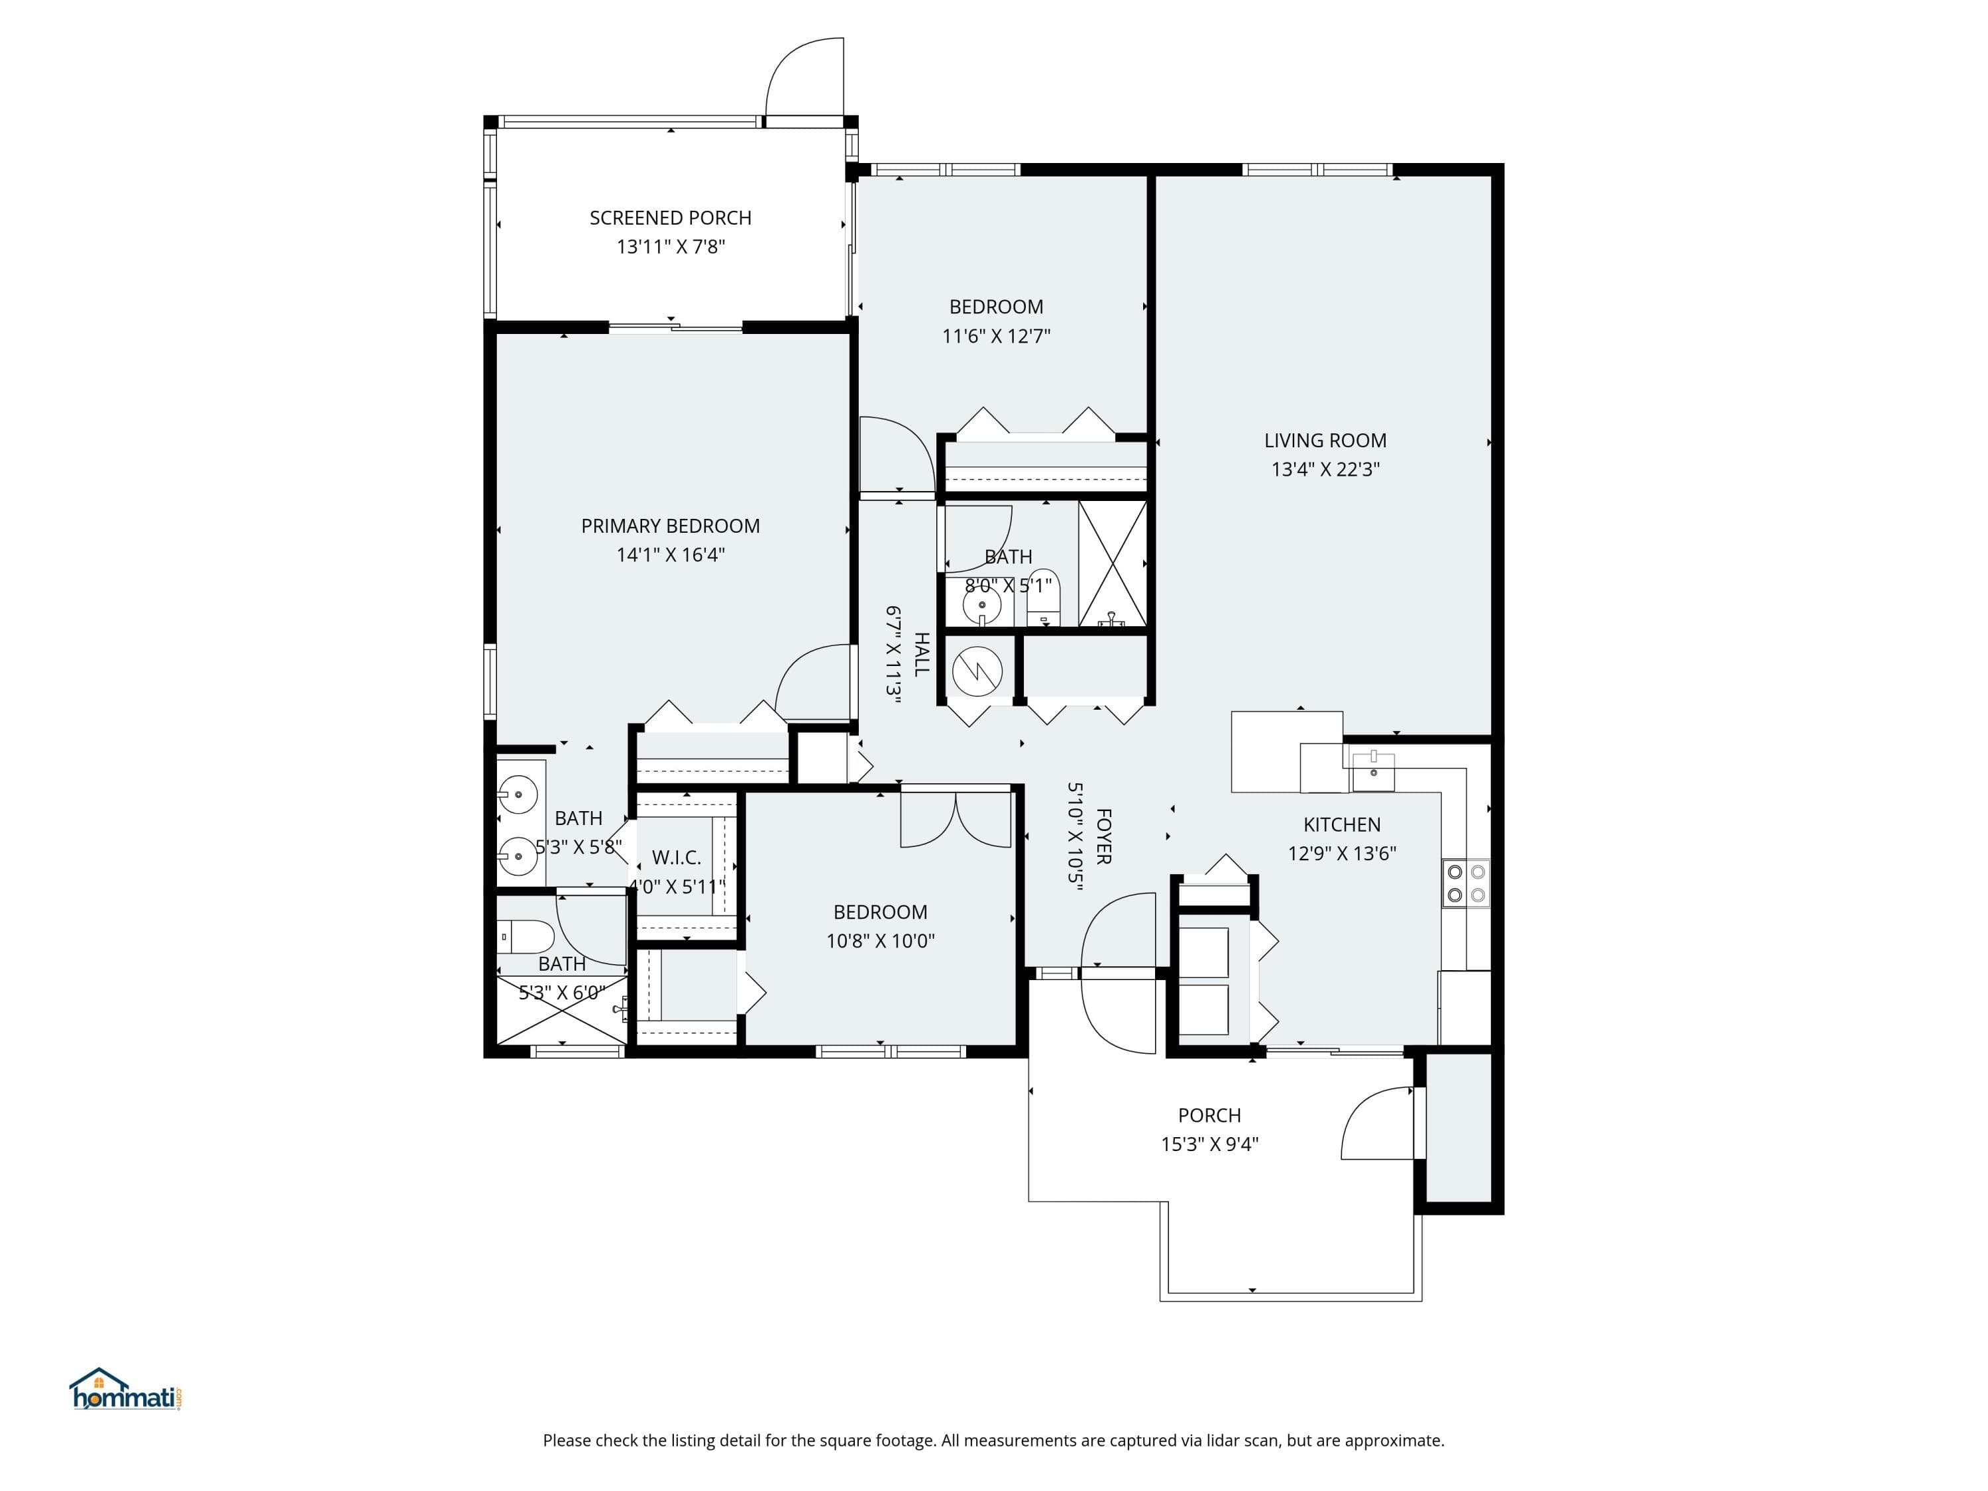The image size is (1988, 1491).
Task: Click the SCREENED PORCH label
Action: click(x=671, y=217)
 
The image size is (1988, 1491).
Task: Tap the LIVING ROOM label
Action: click(x=1325, y=441)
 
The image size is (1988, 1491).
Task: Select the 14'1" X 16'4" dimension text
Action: click(x=671, y=555)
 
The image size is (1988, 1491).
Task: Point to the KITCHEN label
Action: click(x=1342, y=824)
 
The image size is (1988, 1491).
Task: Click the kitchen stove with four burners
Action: click(x=1466, y=883)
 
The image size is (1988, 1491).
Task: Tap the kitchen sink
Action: click(x=1373, y=771)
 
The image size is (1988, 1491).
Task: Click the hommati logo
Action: click(x=127, y=1390)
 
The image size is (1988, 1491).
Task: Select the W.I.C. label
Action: click(x=676, y=857)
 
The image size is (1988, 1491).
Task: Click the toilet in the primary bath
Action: click(x=525, y=936)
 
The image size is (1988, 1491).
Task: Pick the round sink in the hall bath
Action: click(x=981, y=606)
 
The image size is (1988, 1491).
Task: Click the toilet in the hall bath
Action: click(x=1044, y=597)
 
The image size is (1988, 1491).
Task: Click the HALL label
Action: click(x=921, y=653)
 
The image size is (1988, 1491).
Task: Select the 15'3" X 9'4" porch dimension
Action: click(x=1209, y=1144)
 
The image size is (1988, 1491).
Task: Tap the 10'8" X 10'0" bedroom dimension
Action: click(x=880, y=941)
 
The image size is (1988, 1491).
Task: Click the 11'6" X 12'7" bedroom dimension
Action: click(x=996, y=336)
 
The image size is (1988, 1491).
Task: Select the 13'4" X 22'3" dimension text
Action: click(x=1325, y=469)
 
